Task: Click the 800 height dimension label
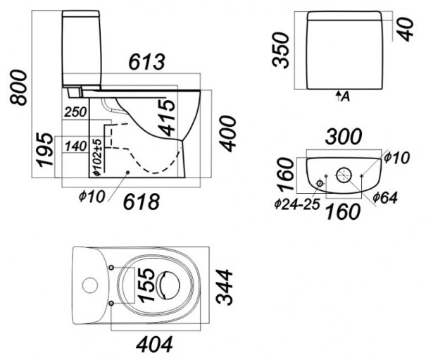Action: (x=18, y=87)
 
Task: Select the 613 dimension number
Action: (x=146, y=62)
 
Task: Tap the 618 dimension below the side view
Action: (x=142, y=201)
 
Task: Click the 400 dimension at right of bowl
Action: (x=227, y=134)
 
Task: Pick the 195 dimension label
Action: (x=45, y=150)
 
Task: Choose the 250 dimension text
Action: (x=75, y=112)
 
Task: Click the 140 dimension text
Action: (x=76, y=147)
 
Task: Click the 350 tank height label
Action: (x=280, y=50)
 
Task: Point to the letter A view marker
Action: (x=345, y=97)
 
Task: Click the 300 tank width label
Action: (x=344, y=137)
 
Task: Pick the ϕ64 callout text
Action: (x=385, y=197)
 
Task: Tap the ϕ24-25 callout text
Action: (x=297, y=204)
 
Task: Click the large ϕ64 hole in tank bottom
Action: (x=344, y=175)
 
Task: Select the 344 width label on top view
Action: (x=224, y=287)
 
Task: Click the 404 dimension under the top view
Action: (x=154, y=345)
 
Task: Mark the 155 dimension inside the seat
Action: (x=146, y=285)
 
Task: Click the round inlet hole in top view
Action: (x=90, y=285)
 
